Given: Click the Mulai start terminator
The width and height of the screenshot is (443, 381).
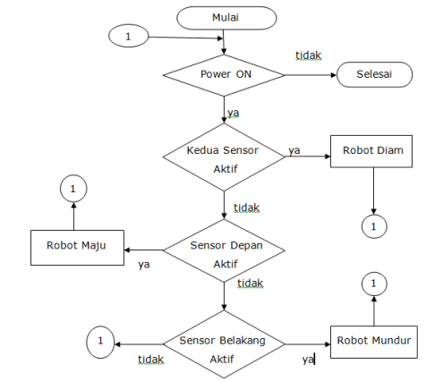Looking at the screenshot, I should coord(225,18).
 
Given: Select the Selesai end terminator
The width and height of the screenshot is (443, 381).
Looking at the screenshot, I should coord(374,75).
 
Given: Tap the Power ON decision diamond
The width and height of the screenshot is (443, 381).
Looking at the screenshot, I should coord(225,75).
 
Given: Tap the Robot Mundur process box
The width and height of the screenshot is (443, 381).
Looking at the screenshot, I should coord(374,341).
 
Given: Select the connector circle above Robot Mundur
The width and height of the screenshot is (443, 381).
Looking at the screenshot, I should coord(374,284).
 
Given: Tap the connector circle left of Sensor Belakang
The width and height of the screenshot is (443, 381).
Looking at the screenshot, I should coord(102,341).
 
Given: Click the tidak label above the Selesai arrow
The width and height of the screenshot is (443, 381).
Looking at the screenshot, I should coord(310,55).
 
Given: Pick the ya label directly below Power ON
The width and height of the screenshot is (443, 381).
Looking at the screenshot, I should coord(233,114).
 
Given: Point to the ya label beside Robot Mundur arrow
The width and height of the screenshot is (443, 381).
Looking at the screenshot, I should coord(308,359).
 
